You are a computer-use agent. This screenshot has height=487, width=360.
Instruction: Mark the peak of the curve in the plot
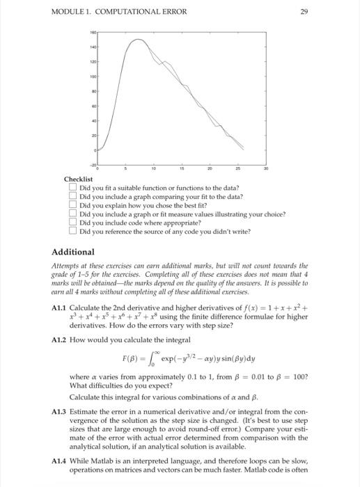[139, 40]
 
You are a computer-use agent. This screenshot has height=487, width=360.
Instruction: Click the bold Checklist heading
[78, 179]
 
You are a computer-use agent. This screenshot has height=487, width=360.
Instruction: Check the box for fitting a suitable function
[72, 188]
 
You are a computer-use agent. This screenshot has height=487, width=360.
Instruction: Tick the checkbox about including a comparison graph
[72, 197]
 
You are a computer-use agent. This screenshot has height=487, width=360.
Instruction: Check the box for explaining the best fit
[72, 206]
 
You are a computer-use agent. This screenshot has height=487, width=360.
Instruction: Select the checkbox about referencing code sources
[72, 232]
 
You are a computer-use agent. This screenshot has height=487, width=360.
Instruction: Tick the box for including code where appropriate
[72, 223]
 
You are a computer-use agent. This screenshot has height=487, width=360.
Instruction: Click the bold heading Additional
[74, 252]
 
